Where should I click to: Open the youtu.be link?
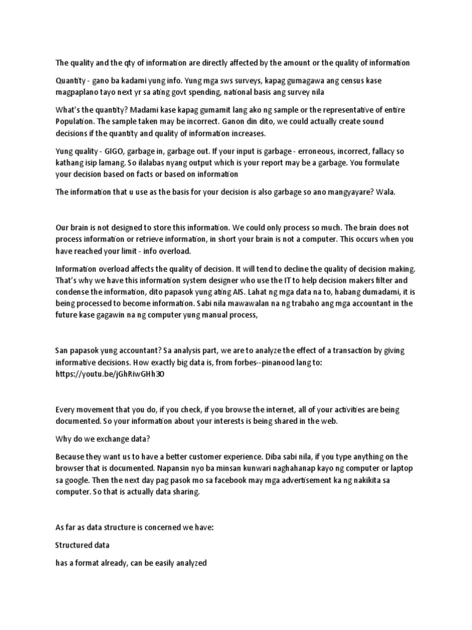(x=111, y=373)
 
